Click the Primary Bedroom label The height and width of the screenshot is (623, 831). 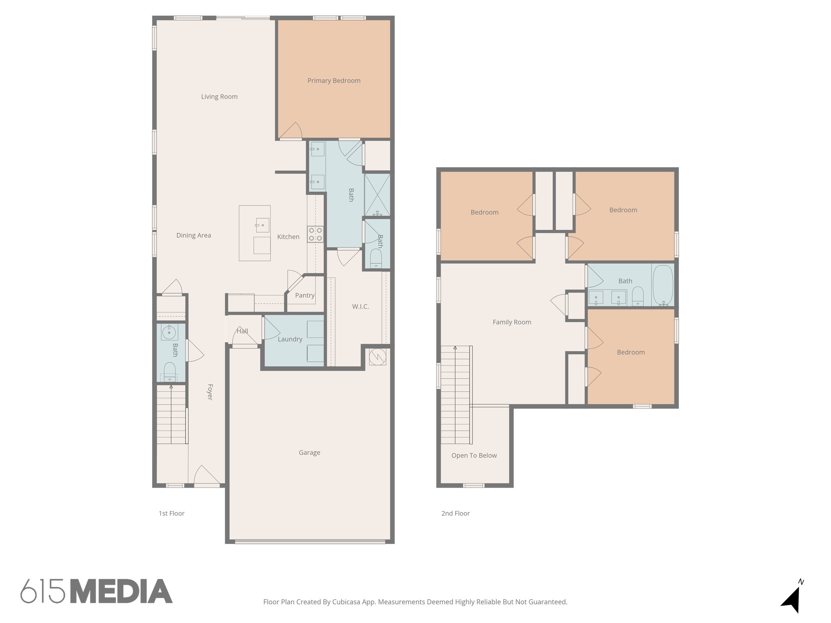(x=334, y=81)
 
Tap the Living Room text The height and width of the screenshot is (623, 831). (x=219, y=97)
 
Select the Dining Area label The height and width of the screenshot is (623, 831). (x=194, y=235)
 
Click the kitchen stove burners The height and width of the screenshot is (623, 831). (x=315, y=234)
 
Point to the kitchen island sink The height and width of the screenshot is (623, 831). (x=262, y=225)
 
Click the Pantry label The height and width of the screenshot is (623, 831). (x=305, y=295)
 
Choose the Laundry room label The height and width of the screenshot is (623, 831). (x=290, y=339)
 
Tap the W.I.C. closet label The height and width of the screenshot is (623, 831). (x=360, y=307)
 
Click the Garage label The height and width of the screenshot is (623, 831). (x=309, y=453)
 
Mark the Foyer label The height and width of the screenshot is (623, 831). (x=210, y=392)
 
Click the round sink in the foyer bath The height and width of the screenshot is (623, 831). (x=168, y=333)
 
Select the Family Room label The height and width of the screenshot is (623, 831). (x=512, y=322)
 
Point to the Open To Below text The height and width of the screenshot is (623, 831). (x=474, y=455)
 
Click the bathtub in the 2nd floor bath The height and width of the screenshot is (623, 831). (x=663, y=285)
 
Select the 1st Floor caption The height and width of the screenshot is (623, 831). (x=171, y=513)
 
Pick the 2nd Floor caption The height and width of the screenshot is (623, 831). (x=455, y=513)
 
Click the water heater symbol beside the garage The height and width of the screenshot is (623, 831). (x=377, y=357)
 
